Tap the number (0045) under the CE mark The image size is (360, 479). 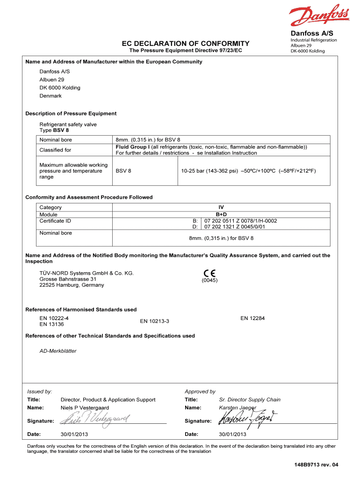pos(209,281)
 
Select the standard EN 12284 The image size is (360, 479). pos(252,318)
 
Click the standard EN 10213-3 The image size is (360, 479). pos(154,321)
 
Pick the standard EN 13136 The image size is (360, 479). pos(51,324)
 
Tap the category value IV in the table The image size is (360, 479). pos(221,207)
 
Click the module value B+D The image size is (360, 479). pos(221,214)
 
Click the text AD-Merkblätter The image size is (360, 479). pos(58,351)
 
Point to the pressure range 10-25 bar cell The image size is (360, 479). pos(248,171)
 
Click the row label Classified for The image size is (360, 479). pos(55,150)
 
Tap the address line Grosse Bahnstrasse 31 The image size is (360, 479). pos(68,279)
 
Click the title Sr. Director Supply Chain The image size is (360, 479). pos(250,399)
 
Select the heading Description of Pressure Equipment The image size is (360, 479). pos(71,114)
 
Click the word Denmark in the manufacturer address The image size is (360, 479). pos(50,96)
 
